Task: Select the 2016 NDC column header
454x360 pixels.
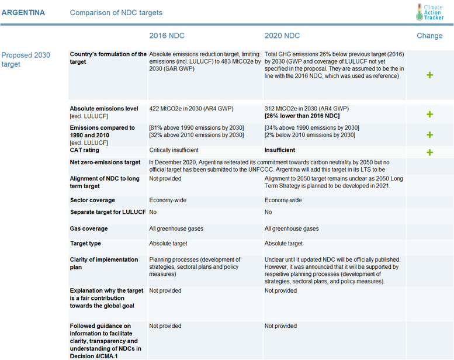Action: click(167, 36)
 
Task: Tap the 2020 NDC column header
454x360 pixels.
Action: click(282, 36)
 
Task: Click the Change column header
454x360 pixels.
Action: click(429, 36)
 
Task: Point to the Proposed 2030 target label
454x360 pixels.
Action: click(26, 60)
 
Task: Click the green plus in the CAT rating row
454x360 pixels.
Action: click(429, 153)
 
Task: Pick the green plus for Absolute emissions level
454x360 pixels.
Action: click(429, 114)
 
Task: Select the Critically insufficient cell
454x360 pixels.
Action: click(174, 150)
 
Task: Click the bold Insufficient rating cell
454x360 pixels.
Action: click(280, 150)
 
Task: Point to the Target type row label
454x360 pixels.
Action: click(85, 243)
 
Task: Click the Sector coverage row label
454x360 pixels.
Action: click(92, 200)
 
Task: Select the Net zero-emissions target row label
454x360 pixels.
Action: click(105, 162)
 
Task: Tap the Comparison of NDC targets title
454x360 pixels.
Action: click(116, 12)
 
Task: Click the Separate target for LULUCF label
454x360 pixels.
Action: click(108, 212)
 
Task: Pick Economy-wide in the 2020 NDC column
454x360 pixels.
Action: click(283, 200)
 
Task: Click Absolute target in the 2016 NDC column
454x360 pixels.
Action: click(168, 243)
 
